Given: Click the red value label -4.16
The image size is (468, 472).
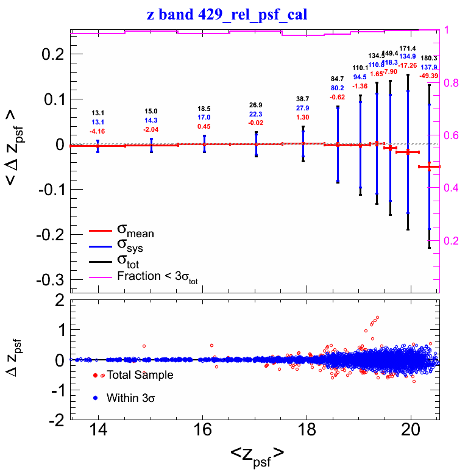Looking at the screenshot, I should [98, 131].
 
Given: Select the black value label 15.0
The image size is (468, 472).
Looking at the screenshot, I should [151, 111].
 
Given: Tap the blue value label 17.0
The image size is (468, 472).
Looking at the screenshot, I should [204, 117].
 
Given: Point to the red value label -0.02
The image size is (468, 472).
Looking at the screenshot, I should [256, 123].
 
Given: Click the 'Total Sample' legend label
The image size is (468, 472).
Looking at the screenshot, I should [140, 375].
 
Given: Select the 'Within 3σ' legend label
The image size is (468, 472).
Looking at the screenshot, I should [133, 398].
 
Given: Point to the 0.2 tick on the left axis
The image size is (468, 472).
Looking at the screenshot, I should [53, 55].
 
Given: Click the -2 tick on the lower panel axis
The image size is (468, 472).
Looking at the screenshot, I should [58, 420].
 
